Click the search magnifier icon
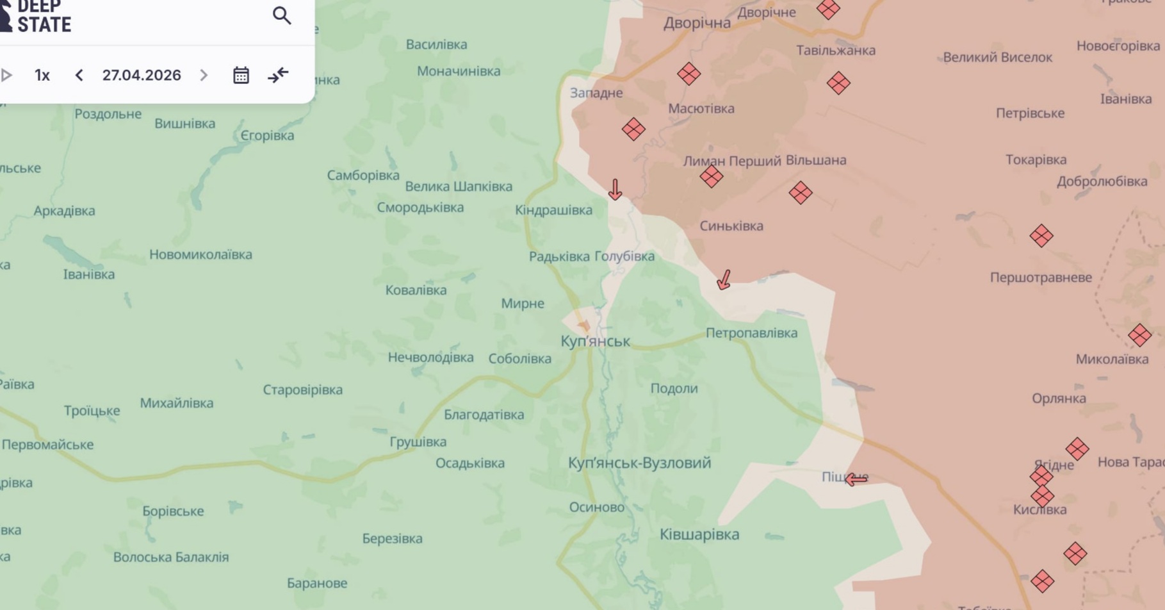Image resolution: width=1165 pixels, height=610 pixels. (x=282, y=15)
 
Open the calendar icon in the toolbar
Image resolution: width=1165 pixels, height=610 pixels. (x=241, y=75)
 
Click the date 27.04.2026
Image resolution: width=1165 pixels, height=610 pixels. (x=142, y=75)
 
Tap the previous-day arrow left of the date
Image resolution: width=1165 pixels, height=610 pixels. (x=79, y=75)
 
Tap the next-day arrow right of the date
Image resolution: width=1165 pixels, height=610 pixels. (x=204, y=75)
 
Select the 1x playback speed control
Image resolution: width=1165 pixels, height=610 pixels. (x=42, y=75)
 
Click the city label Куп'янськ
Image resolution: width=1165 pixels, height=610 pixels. (x=595, y=341)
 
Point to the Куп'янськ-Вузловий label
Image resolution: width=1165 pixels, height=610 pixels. (x=639, y=463)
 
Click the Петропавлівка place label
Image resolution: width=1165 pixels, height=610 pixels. (x=751, y=333)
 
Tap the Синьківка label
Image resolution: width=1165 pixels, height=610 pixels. (x=731, y=226)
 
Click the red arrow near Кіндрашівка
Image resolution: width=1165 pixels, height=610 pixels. (x=615, y=190)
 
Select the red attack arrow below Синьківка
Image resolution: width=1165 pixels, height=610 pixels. (x=724, y=279)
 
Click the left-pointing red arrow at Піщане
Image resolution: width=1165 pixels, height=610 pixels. (x=856, y=479)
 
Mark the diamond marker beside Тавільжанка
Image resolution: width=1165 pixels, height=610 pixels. (x=838, y=83)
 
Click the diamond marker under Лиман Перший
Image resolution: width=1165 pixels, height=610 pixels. (x=711, y=176)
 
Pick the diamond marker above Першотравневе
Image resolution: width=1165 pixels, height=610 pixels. (x=1041, y=236)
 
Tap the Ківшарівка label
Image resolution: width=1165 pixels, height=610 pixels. (x=699, y=534)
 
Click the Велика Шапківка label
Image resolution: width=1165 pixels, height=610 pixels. (x=459, y=186)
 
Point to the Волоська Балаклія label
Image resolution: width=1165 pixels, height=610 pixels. (x=171, y=557)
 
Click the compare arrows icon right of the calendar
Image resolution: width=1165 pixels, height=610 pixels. (x=278, y=75)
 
